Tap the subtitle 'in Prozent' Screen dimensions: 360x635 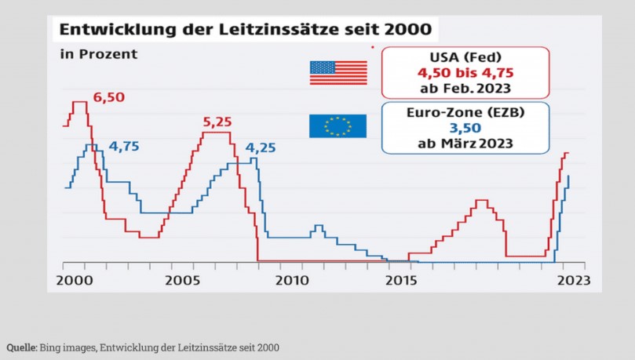(98, 55)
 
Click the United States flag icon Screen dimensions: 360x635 (338, 73)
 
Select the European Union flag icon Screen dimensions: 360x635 (338, 125)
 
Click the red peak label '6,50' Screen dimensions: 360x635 (109, 98)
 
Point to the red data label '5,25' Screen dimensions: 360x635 (218, 122)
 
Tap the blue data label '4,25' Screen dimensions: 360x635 (261, 148)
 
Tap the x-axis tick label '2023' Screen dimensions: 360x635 (571, 280)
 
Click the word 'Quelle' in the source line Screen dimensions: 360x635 (21, 347)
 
